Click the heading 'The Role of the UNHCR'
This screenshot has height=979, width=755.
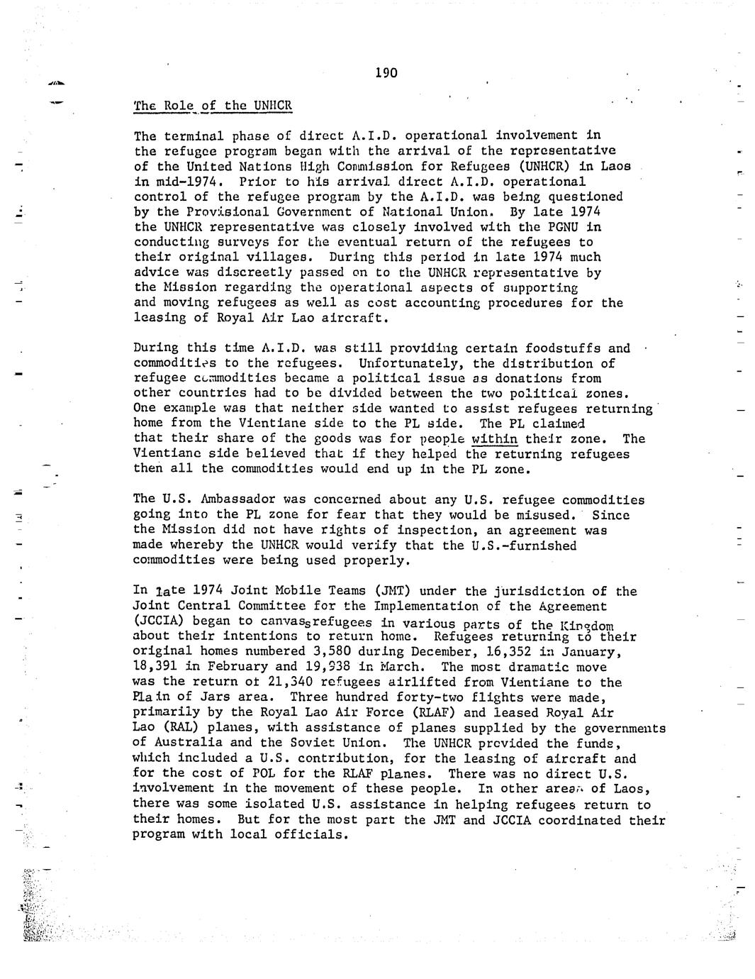pyautogui.click(x=213, y=106)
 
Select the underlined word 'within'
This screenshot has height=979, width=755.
pyautogui.click(x=494, y=438)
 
